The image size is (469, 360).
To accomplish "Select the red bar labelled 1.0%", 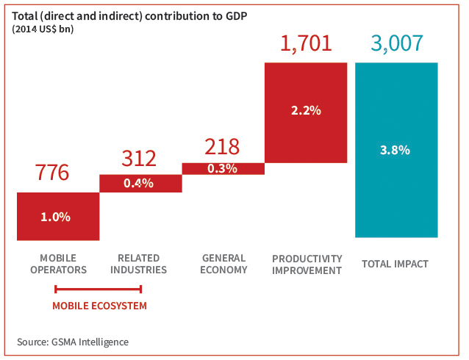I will pyautogui.click(x=58, y=217).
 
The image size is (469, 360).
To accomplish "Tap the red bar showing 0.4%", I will pyautogui.click(x=140, y=183).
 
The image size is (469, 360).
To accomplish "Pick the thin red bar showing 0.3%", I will pyautogui.click(x=223, y=168).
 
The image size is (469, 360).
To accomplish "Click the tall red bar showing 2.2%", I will pyautogui.click(x=305, y=112).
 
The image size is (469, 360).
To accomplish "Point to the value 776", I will pyautogui.click(x=52, y=173).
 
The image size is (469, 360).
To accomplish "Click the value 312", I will pyautogui.click(x=138, y=159).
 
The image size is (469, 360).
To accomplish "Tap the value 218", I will pyautogui.click(x=221, y=145).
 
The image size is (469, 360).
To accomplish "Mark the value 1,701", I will pyautogui.click(x=305, y=43).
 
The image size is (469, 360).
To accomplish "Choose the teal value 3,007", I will pyautogui.click(x=396, y=43).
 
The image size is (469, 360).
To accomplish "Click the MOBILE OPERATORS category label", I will pyautogui.click(x=58, y=264).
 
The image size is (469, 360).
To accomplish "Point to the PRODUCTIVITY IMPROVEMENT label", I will pyautogui.click(x=307, y=264).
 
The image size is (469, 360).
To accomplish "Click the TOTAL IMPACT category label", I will pyautogui.click(x=395, y=264).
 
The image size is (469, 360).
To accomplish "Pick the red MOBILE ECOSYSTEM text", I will pyautogui.click(x=99, y=306).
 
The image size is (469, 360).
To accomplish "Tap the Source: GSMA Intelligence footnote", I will pyautogui.click(x=73, y=342).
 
